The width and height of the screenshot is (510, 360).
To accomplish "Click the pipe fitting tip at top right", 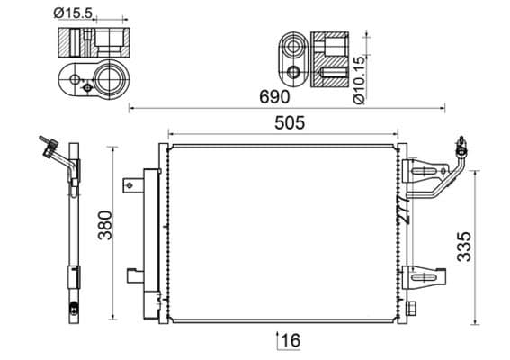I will point(461,141).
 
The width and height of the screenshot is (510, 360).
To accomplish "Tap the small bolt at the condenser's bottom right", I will point(412,309).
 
